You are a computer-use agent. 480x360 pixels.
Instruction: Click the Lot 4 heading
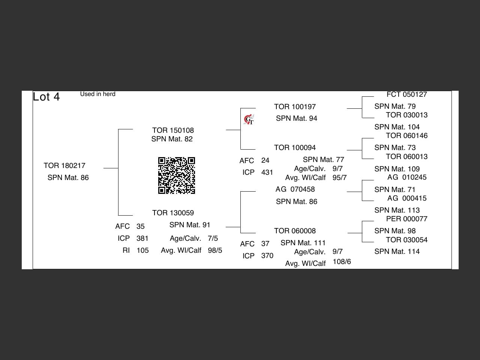coord(46,97)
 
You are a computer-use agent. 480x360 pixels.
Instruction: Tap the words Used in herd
coord(97,94)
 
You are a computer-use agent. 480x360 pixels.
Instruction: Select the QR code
coord(177,175)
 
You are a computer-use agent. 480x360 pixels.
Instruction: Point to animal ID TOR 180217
coord(64,165)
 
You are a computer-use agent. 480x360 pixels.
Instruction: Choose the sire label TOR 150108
coord(173,130)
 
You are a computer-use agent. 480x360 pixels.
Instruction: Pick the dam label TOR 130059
coord(173,213)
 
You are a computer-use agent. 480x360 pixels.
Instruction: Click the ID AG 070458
coord(295,189)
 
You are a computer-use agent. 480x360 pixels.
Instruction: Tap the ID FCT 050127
coord(407,94)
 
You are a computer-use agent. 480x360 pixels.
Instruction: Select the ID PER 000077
coord(407,219)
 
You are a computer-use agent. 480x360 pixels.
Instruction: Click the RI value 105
coord(142,250)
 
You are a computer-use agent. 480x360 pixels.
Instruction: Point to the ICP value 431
coord(267,172)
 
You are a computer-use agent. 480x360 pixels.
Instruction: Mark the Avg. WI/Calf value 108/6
coord(342,262)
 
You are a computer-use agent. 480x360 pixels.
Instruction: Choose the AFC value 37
coord(265,244)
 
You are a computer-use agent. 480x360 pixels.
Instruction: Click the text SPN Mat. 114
coord(397,251)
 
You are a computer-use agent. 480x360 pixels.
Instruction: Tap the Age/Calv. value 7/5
coord(213,238)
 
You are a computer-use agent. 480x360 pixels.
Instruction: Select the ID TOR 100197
coord(295,107)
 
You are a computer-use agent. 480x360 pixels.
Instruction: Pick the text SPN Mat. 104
coord(397,127)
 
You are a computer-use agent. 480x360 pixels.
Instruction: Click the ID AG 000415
coord(407,198)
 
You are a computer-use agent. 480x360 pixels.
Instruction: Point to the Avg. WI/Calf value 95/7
coord(339,177)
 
